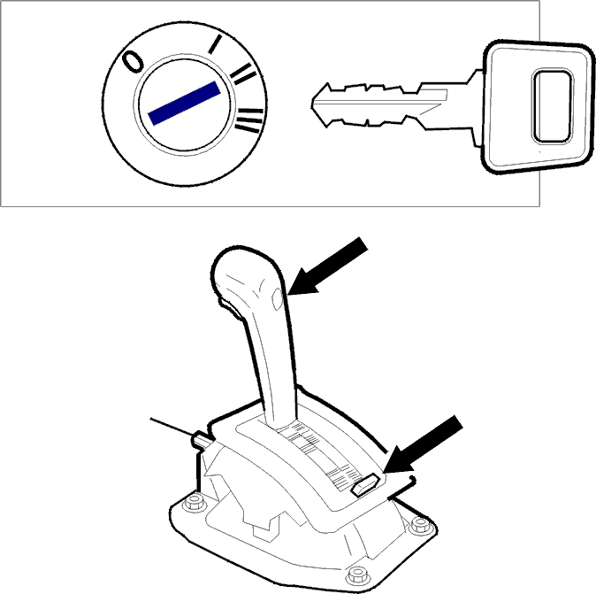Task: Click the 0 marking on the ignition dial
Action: coord(133,61)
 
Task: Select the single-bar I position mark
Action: coord(215,43)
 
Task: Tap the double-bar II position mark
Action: coord(244,73)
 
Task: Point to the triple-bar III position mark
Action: coord(249,120)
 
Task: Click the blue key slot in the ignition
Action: coord(184,103)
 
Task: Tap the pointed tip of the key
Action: coord(312,104)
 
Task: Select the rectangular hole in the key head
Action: coord(552,106)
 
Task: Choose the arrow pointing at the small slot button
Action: coord(423,444)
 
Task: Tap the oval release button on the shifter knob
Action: coord(278,299)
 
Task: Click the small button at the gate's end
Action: coord(365,484)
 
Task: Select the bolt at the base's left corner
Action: coord(195,503)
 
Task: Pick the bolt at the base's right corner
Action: coord(421,525)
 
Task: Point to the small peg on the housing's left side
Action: coord(202,440)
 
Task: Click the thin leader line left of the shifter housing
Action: coord(172,427)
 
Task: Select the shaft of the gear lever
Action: coord(273,366)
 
